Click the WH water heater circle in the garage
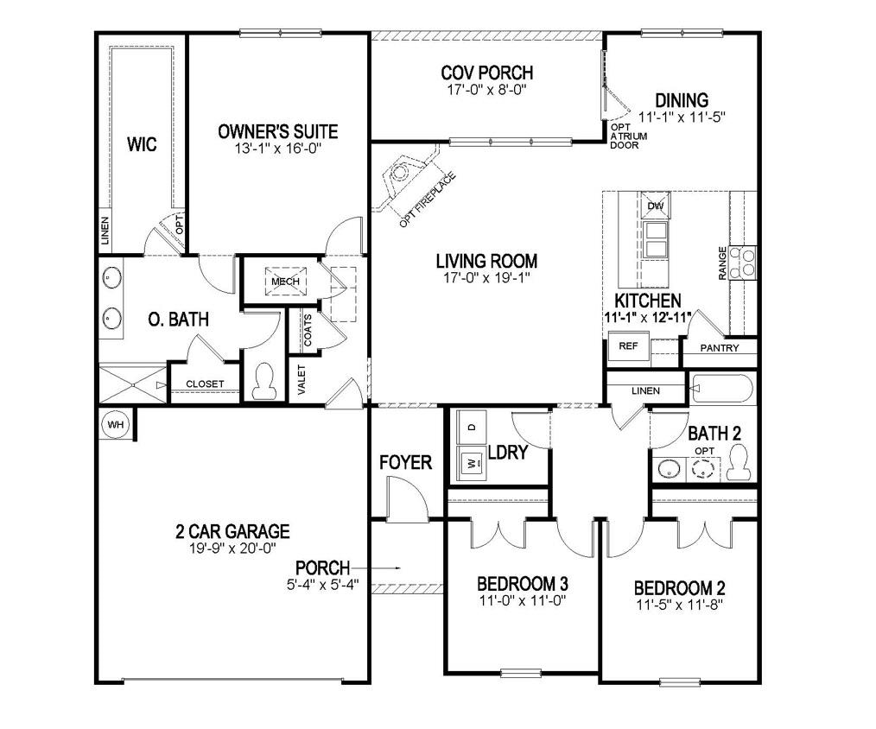[x=116, y=425]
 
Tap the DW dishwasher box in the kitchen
[x=656, y=206]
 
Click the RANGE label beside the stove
[x=722, y=263]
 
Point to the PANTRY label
[x=720, y=348]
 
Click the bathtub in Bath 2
[x=722, y=388]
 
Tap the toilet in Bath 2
[x=740, y=463]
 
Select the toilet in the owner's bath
[x=263, y=381]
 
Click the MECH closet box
[x=285, y=282]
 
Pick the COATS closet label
[x=308, y=330]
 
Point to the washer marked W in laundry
[x=472, y=463]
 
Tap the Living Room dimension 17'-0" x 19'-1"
[x=486, y=277]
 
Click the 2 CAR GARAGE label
[x=233, y=531]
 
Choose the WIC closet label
[x=142, y=144]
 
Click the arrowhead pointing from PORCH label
[x=397, y=568]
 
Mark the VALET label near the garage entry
[x=302, y=380]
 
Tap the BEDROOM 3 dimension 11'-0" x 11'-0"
[x=523, y=601]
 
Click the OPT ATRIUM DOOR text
[x=629, y=136]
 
